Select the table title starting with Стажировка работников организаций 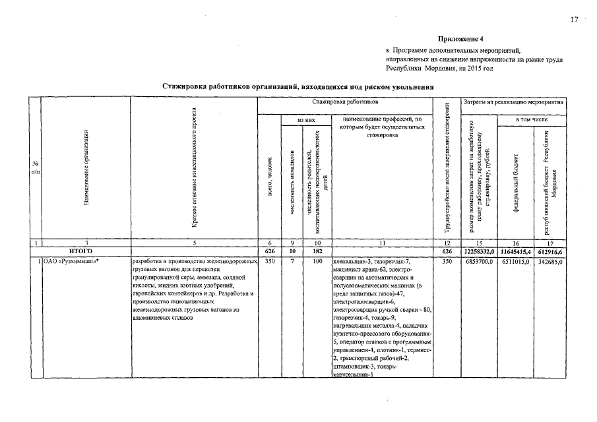pyautogui.click(x=298, y=86)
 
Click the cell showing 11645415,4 pyautogui.click(x=515, y=252)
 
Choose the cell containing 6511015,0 pyautogui.click(x=515, y=262)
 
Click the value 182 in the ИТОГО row pyautogui.click(x=316, y=252)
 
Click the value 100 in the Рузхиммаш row pyautogui.click(x=316, y=262)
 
